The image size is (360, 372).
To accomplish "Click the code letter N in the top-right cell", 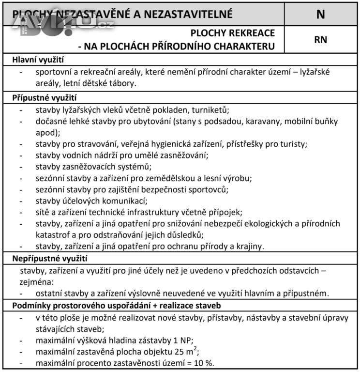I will (321, 14).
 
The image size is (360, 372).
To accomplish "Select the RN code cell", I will (321, 39).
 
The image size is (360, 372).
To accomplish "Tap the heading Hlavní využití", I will (38, 61).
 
